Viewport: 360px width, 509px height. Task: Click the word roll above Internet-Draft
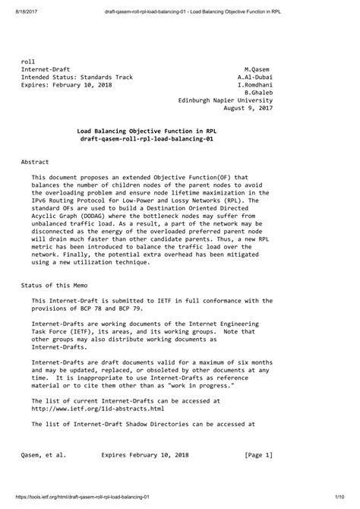pos(27,60)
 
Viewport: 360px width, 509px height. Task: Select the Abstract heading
pos(35,163)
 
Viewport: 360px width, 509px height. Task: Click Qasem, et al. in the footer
pos(43,456)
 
